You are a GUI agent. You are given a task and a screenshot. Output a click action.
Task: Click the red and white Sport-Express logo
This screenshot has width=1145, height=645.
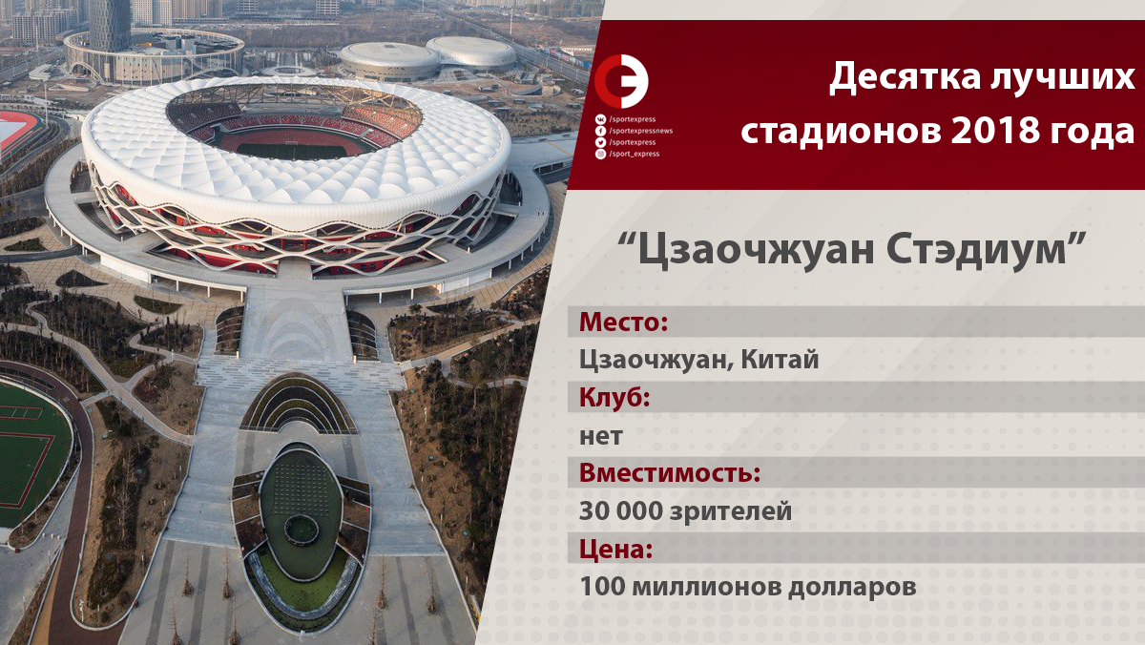[x=621, y=81]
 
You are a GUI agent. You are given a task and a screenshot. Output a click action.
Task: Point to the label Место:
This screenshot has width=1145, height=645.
[x=623, y=322]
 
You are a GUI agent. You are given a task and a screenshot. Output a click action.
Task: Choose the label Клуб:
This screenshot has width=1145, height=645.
[x=614, y=397]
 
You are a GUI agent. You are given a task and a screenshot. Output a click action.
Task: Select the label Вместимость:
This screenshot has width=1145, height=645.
[x=670, y=472]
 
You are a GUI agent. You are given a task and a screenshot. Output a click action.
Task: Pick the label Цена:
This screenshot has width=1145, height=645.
[x=615, y=549]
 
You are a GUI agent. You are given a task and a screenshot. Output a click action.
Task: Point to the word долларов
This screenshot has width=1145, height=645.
[x=851, y=587]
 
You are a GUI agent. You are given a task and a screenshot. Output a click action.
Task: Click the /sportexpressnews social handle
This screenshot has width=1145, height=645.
[x=641, y=131]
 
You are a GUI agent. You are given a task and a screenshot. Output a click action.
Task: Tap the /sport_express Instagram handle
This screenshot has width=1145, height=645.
[x=635, y=154]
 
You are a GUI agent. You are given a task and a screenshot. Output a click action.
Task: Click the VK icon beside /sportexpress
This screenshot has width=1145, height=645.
[x=600, y=119]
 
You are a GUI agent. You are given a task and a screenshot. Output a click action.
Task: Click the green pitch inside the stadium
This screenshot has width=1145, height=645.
[x=291, y=151]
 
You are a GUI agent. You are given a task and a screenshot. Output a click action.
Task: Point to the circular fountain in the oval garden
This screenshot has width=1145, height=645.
[x=302, y=530]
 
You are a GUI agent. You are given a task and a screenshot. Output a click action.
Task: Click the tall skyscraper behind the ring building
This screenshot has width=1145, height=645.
[x=110, y=25]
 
